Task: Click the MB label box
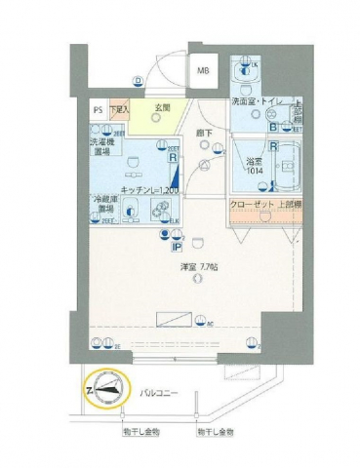[204, 71]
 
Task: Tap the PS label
[97, 110]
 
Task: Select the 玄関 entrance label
[162, 108]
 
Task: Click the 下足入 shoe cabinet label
[119, 110]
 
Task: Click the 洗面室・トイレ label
[260, 101]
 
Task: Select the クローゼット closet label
[252, 204]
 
